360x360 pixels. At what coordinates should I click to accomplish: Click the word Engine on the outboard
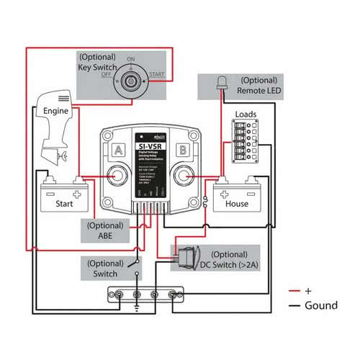point(55,112)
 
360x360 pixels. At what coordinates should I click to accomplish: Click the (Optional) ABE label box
point(104,229)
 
